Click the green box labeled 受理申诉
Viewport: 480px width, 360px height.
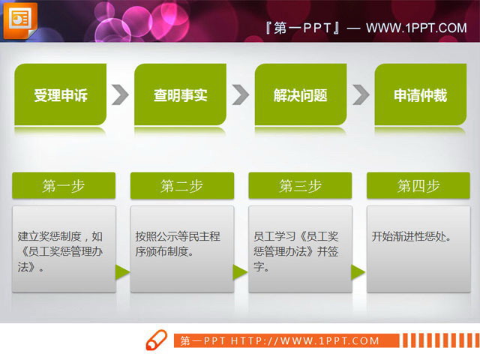point(61,94)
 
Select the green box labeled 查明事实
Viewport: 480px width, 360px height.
point(181,94)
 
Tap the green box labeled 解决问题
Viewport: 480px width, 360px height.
point(301,94)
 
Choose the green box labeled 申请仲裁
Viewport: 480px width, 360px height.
point(420,94)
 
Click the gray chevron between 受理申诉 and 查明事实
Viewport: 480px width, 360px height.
point(120,94)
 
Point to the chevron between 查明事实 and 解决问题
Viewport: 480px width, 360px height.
point(240,94)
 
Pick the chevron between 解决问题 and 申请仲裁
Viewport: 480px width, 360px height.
point(361,94)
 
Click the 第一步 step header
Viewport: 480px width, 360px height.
point(64,186)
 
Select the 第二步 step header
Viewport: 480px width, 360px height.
point(181,186)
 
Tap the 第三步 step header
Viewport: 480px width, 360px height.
point(300,186)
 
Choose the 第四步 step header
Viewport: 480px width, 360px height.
point(418,186)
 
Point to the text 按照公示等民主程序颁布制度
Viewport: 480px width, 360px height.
point(178,244)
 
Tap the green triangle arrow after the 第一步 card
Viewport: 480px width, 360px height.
point(122,271)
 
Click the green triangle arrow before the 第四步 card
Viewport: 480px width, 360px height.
point(358,271)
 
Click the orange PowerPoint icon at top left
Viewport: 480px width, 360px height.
point(19,20)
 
